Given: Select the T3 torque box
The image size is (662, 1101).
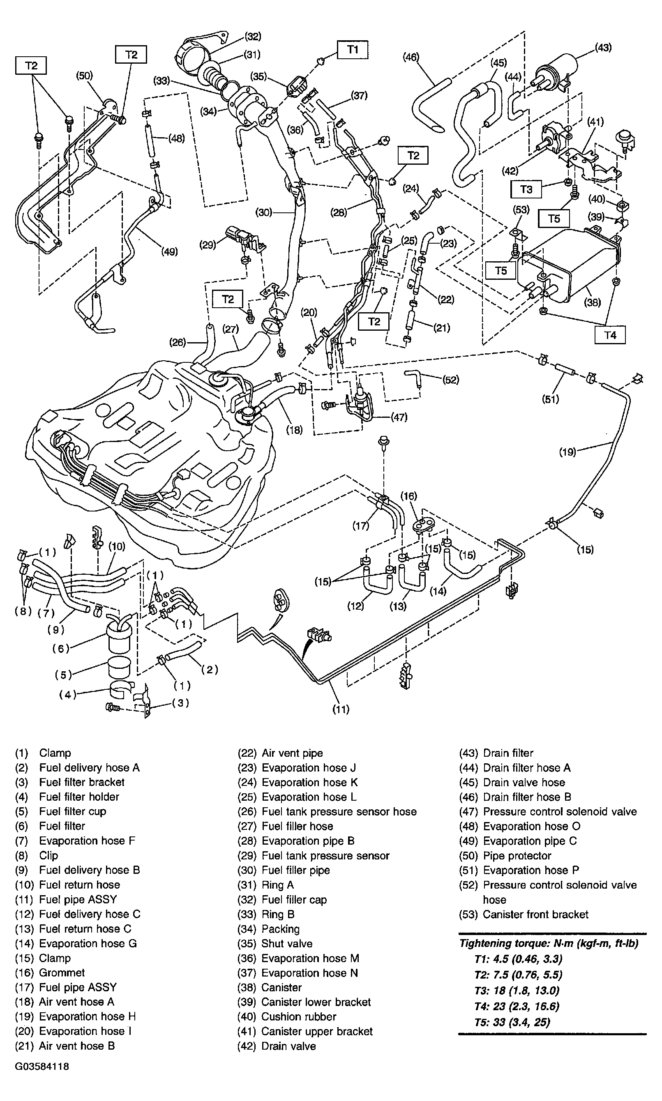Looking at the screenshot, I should coord(526,189).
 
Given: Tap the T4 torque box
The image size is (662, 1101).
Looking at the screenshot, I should coord(610,335).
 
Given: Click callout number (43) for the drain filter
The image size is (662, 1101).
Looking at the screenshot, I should coord(603,48).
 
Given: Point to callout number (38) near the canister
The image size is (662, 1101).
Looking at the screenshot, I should coord(593,302).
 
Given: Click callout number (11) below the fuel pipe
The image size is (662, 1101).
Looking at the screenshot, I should coord(341,709).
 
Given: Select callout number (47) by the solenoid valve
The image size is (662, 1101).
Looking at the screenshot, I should coord(399,417).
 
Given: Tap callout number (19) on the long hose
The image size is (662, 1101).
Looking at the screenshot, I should coord(567,452).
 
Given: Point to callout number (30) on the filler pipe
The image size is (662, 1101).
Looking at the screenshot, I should coord(264,212).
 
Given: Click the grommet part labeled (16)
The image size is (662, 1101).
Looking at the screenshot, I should coord(422,525).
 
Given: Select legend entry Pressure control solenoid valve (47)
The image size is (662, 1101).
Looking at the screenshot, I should coord(559,812).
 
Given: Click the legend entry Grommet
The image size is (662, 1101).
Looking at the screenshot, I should coord(62,972).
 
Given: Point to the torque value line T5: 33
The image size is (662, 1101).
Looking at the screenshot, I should coord(512,1022).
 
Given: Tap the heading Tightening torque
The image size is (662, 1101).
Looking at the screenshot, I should coord(549,943).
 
